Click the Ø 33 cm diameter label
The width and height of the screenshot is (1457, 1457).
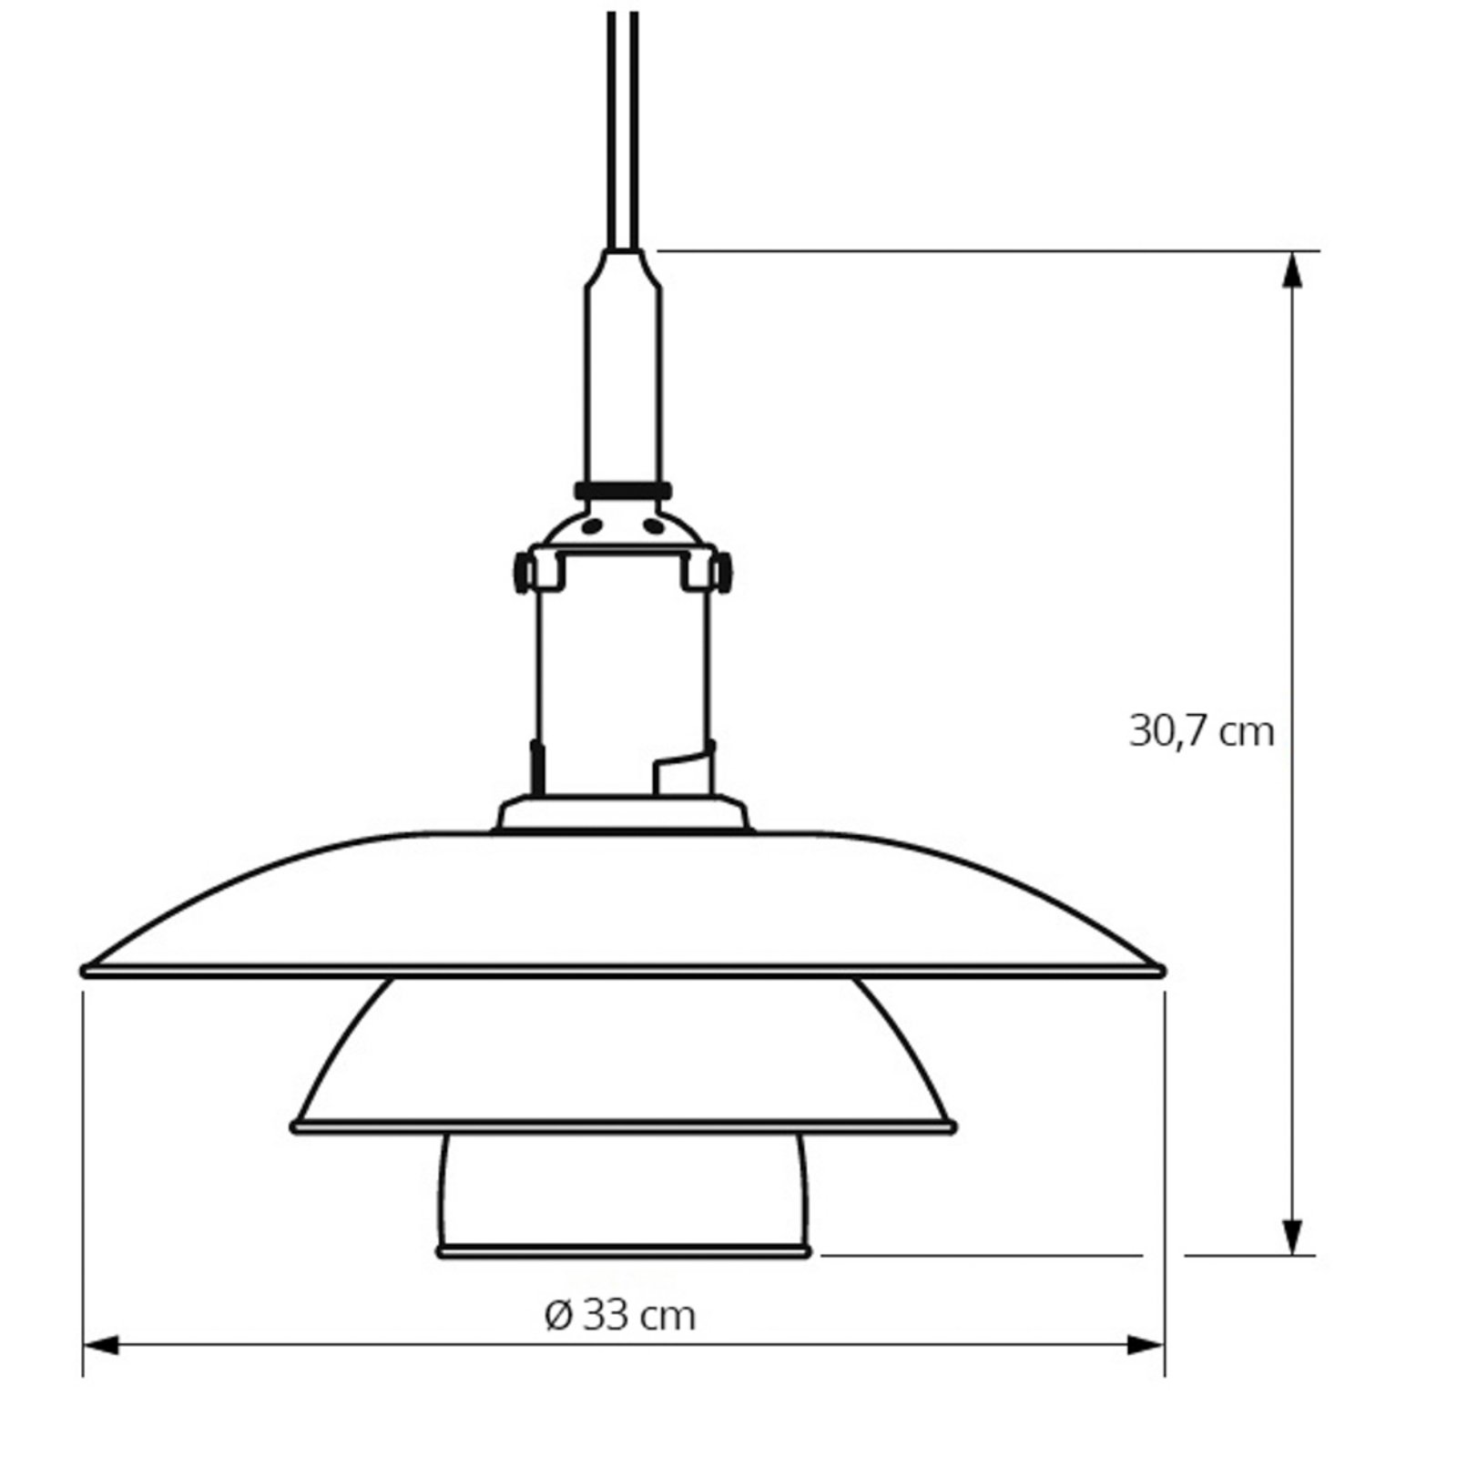620,1315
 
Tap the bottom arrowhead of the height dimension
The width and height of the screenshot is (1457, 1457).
1291,1237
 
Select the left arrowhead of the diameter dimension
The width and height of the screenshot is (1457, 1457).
101,1344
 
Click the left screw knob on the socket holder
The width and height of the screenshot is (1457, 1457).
523,573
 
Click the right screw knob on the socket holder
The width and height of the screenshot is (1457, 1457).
724,573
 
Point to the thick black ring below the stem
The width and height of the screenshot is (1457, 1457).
623,491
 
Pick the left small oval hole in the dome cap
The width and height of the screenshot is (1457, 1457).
592,525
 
